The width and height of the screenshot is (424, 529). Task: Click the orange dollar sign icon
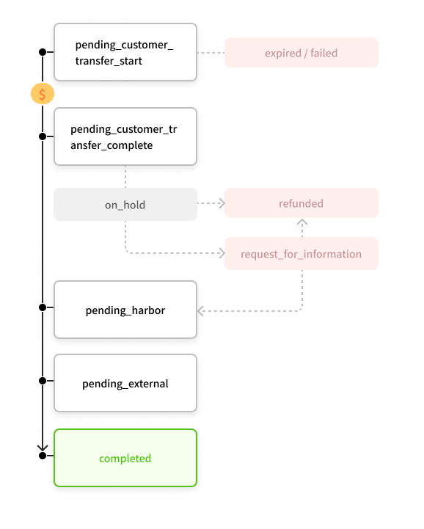click(43, 94)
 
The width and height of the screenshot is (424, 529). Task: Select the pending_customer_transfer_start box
click(125, 52)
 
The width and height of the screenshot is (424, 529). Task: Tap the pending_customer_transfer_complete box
click(125, 136)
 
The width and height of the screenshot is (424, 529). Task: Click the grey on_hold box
click(125, 205)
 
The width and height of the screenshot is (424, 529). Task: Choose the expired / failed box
click(301, 53)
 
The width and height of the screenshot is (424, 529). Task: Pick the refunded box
click(301, 203)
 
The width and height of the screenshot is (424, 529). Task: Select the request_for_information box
click(301, 254)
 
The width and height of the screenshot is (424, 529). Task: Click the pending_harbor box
click(125, 310)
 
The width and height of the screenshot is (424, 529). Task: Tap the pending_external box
click(125, 383)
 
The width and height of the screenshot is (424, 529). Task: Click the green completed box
click(125, 458)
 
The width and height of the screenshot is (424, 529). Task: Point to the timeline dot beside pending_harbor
click(43, 307)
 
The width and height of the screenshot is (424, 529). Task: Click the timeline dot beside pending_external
click(43, 381)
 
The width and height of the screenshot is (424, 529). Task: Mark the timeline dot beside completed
click(43, 456)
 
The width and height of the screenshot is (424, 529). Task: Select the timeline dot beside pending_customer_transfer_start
click(43, 52)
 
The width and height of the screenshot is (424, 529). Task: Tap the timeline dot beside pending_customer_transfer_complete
click(43, 136)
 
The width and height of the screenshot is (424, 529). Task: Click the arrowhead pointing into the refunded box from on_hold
click(222, 203)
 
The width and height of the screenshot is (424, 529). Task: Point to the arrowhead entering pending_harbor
click(200, 311)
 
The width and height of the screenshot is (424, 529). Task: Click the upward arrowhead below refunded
click(302, 222)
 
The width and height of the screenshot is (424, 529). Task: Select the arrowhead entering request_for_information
click(222, 253)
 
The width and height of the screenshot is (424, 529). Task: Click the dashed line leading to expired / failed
click(211, 53)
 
